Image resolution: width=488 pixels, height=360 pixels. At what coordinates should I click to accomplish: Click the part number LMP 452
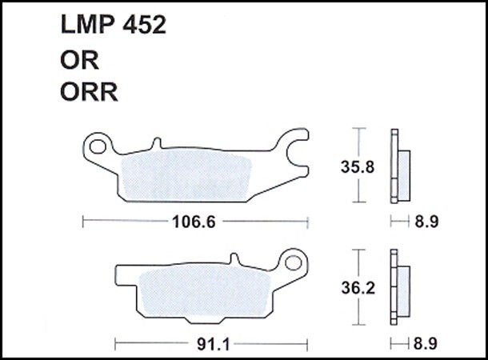pyautogui.click(x=114, y=25)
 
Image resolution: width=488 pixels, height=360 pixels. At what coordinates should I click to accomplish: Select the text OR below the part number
pyautogui.click(x=80, y=60)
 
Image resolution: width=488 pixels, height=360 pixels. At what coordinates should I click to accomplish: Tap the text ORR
pyautogui.click(x=89, y=92)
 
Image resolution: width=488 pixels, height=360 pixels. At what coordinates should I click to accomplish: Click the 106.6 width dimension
pyautogui.click(x=194, y=222)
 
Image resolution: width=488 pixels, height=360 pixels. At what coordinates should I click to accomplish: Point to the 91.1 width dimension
pyautogui.click(x=214, y=344)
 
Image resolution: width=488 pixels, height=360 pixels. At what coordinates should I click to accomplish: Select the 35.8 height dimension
pyautogui.click(x=358, y=166)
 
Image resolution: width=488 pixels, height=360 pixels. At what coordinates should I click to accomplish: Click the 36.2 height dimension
pyautogui.click(x=358, y=288)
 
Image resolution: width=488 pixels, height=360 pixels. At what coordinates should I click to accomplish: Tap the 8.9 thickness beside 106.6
pyautogui.click(x=426, y=222)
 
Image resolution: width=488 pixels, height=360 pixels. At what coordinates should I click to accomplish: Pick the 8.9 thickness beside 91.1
pyautogui.click(x=426, y=344)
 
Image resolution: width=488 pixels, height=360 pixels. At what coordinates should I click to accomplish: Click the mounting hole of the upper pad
pyautogui.click(x=98, y=146)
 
